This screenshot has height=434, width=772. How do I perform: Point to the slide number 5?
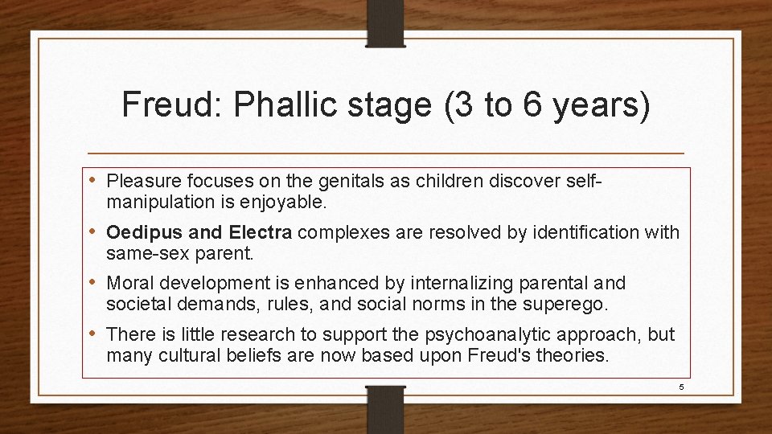click(x=680, y=387)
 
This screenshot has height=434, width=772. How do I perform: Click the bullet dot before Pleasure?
click(x=96, y=178)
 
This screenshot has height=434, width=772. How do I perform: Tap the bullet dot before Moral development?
click(x=96, y=283)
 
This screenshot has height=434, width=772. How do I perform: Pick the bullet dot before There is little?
click(x=96, y=334)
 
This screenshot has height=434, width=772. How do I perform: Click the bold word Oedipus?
click(x=138, y=233)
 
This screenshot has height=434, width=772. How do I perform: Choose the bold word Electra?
click(x=262, y=233)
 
